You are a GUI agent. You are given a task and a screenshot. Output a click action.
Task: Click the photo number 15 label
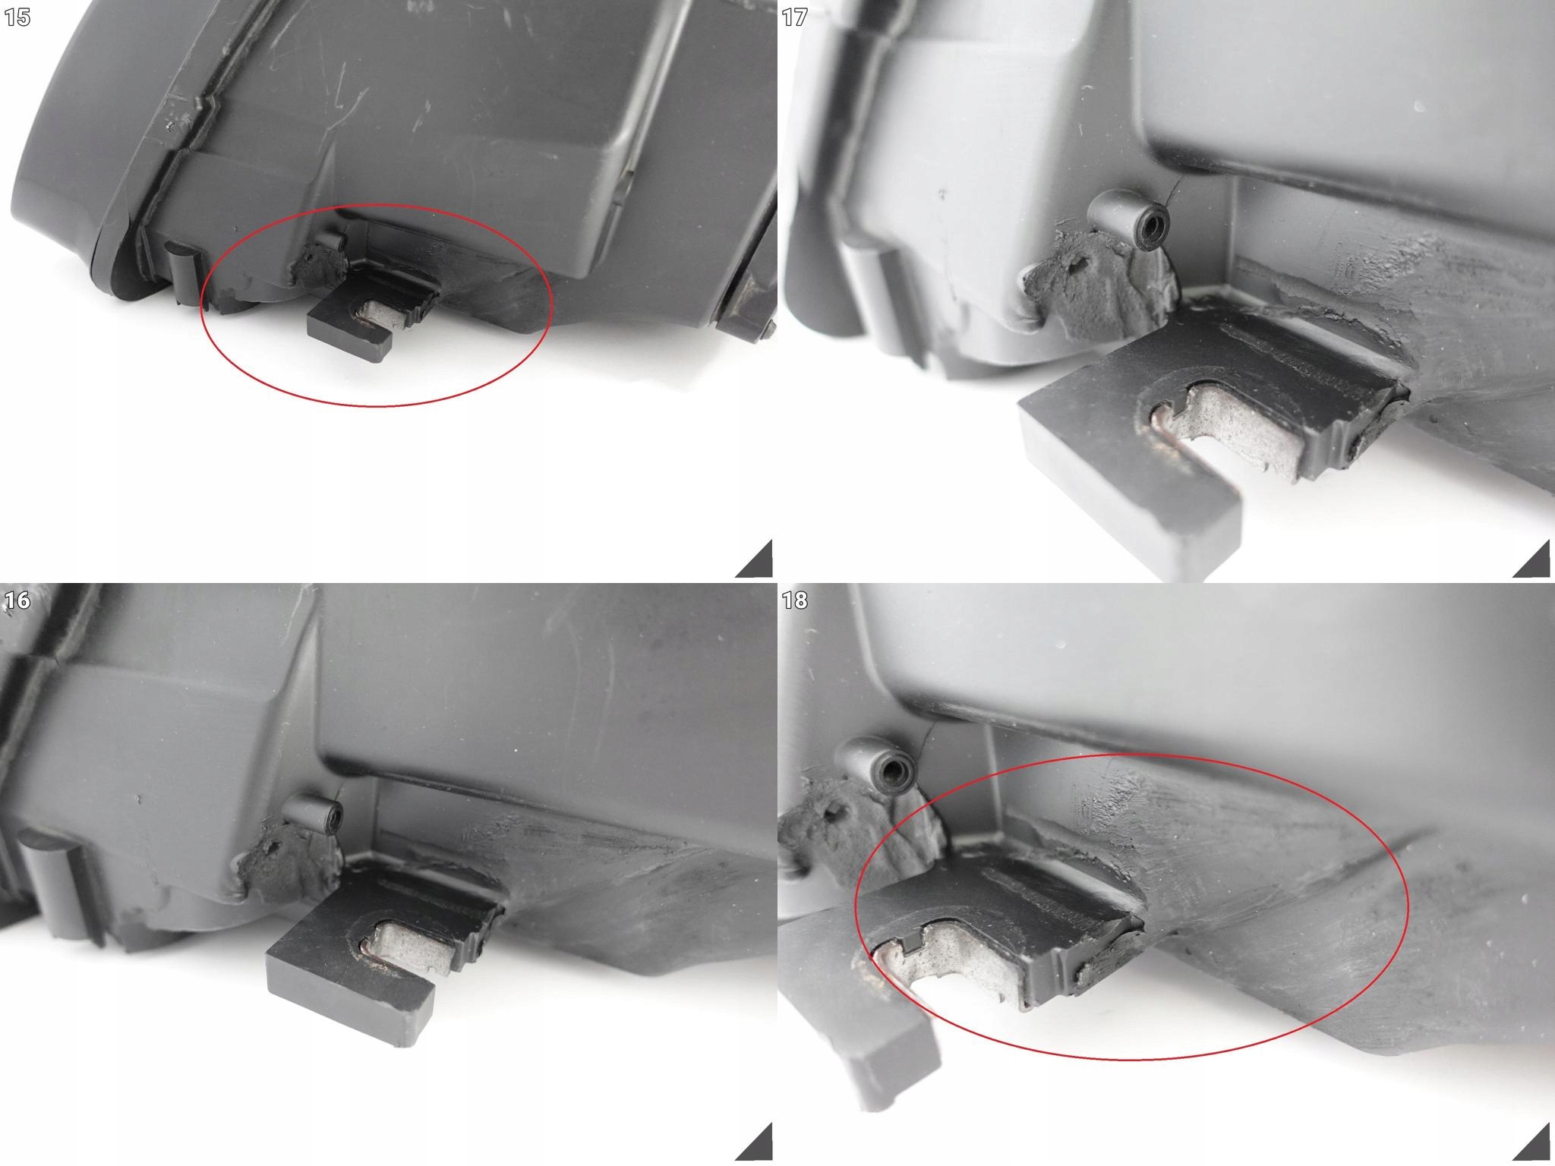pos(17,17)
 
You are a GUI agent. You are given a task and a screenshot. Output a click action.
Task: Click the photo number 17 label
pos(794,17)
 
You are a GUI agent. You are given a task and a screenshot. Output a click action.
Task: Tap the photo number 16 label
pos(17,600)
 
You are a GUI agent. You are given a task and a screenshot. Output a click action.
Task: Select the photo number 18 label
pos(794,600)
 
